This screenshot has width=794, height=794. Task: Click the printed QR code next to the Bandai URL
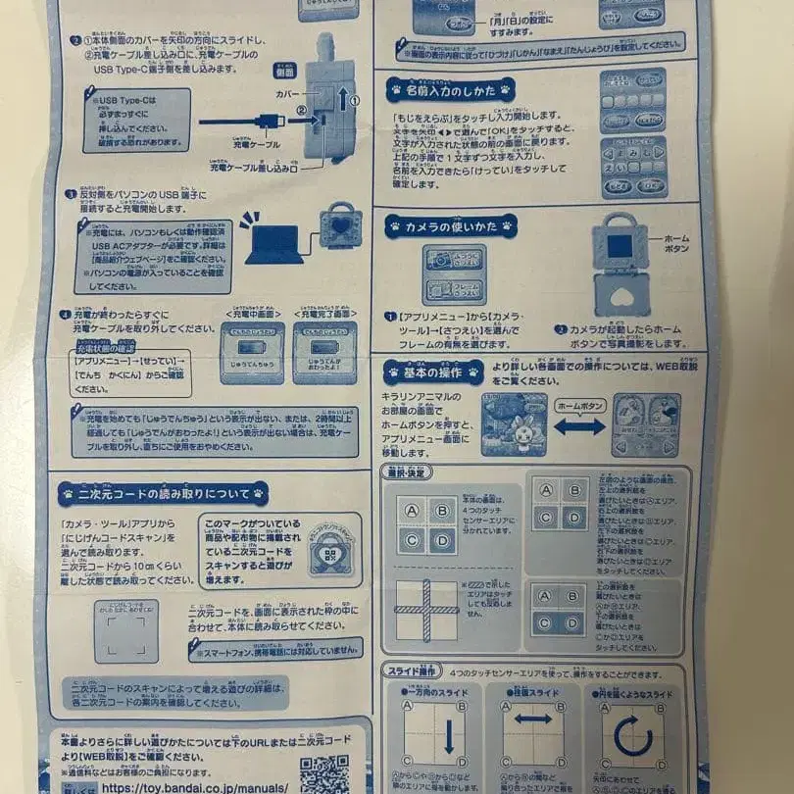(x=323, y=774)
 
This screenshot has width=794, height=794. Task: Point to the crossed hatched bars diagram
(x=427, y=610)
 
